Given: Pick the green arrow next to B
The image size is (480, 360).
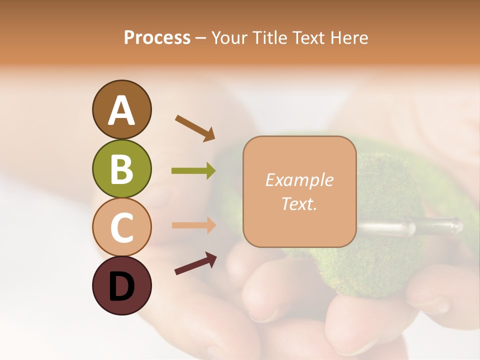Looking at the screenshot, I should coord(193,171).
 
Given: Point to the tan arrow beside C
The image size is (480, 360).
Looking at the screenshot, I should coord(193,225).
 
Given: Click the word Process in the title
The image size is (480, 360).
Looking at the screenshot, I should coord(157,38).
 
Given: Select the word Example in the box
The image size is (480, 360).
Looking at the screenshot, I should coord(299,180).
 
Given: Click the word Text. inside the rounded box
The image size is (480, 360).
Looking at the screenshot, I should coord(299,203).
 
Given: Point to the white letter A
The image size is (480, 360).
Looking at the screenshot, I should coord(121,110).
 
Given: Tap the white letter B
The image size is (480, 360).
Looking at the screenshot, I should coord(121,169).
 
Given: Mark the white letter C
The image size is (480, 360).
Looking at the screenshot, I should coord(121,227).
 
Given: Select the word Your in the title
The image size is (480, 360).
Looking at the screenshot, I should coord(229,38).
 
